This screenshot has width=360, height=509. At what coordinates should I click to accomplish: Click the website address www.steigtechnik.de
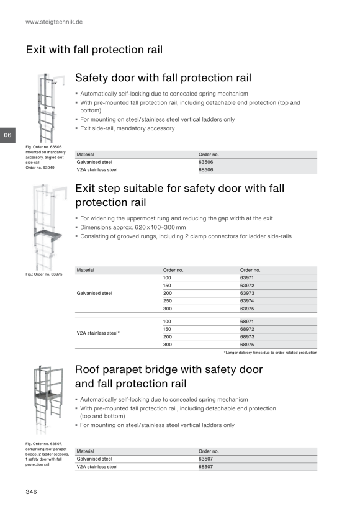tap(54, 22)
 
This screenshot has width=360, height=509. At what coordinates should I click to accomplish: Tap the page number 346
tap(31, 492)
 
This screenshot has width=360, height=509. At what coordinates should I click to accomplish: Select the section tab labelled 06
tap(7, 135)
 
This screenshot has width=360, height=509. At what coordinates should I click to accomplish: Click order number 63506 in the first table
tap(206, 162)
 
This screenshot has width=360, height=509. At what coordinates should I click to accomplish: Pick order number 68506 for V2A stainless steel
tap(206, 170)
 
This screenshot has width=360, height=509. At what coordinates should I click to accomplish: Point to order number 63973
tap(247, 293)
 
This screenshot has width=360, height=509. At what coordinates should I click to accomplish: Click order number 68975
tap(247, 345)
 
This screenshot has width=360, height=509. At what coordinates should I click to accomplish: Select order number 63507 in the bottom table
tap(206, 459)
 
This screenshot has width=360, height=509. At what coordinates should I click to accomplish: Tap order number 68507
tap(206, 467)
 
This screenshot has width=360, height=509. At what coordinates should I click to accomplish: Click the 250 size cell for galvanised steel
tap(168, 301)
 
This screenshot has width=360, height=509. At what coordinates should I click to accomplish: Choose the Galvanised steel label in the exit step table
tap(94, 293)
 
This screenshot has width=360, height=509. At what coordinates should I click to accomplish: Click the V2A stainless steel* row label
tap(98, 333)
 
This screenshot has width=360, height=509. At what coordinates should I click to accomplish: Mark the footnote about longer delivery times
tap(271, 353)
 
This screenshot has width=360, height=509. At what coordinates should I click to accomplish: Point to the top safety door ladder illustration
tap(48, 108)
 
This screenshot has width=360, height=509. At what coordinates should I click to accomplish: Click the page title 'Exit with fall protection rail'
tap(94, 50)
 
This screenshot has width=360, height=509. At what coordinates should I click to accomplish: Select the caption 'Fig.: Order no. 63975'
tap(44, 274)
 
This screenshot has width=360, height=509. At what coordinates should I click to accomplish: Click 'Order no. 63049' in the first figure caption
tap(40, 168)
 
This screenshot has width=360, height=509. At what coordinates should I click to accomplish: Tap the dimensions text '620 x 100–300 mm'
tap(160, 228)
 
